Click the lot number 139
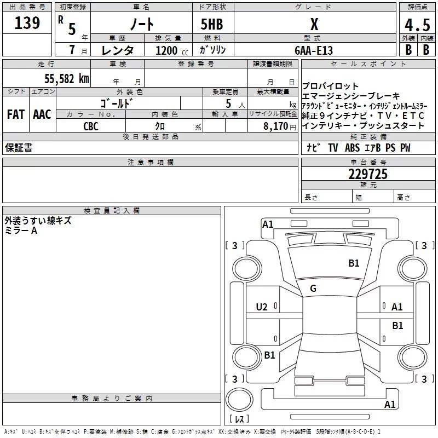click(x=27, y=23)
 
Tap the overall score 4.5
click(x=417, y=25)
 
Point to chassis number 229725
click(x=368, y=174)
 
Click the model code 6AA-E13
click(x=313, y=50)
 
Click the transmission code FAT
click(x=15, y=114)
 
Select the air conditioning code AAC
click(x=42, y=114)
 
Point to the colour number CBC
click(x=91, y=126)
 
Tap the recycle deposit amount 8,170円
click(x=280, y=126)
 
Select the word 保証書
click(x=19, y=148)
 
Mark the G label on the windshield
click(x=313, y=289)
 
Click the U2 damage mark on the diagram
click(x=262, y=307)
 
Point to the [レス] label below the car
click(x=239, y=420)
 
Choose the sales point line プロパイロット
click(x=331, y=86)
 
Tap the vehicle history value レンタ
click(x=117, y=50)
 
